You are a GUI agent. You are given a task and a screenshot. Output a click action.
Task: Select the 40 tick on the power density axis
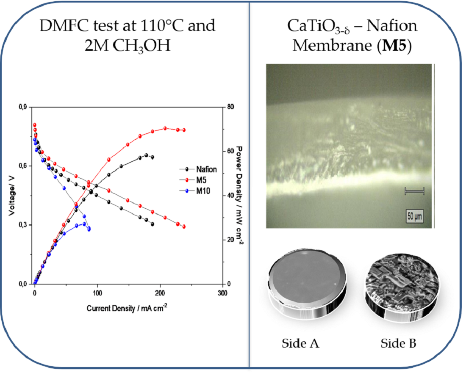pyautogui.click(x=230, y=196)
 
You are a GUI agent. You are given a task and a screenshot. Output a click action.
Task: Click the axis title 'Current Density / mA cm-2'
pyautogui.click(x=127, y=308)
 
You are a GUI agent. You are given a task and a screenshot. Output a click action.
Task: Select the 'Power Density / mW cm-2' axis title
pyautogui.click(x=239, y=196)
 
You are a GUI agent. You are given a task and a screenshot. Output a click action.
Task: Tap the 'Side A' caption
pyautogui.click(x=300, y=343)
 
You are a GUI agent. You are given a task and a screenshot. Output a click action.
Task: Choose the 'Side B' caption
pyautogui.click(x=399, y=343)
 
